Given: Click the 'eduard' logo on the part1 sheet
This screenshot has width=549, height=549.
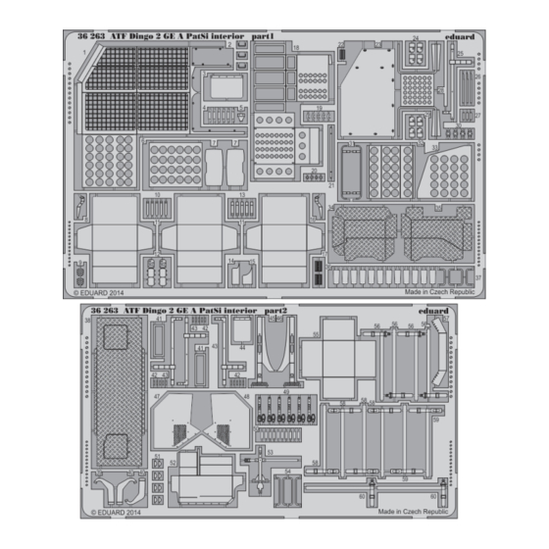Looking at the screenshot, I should [458, 36].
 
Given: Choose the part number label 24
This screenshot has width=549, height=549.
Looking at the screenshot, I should [416, 40].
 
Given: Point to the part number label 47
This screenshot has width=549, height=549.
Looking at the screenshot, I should [157, 394].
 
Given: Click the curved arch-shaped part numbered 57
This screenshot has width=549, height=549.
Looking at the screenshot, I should [428, 358].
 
